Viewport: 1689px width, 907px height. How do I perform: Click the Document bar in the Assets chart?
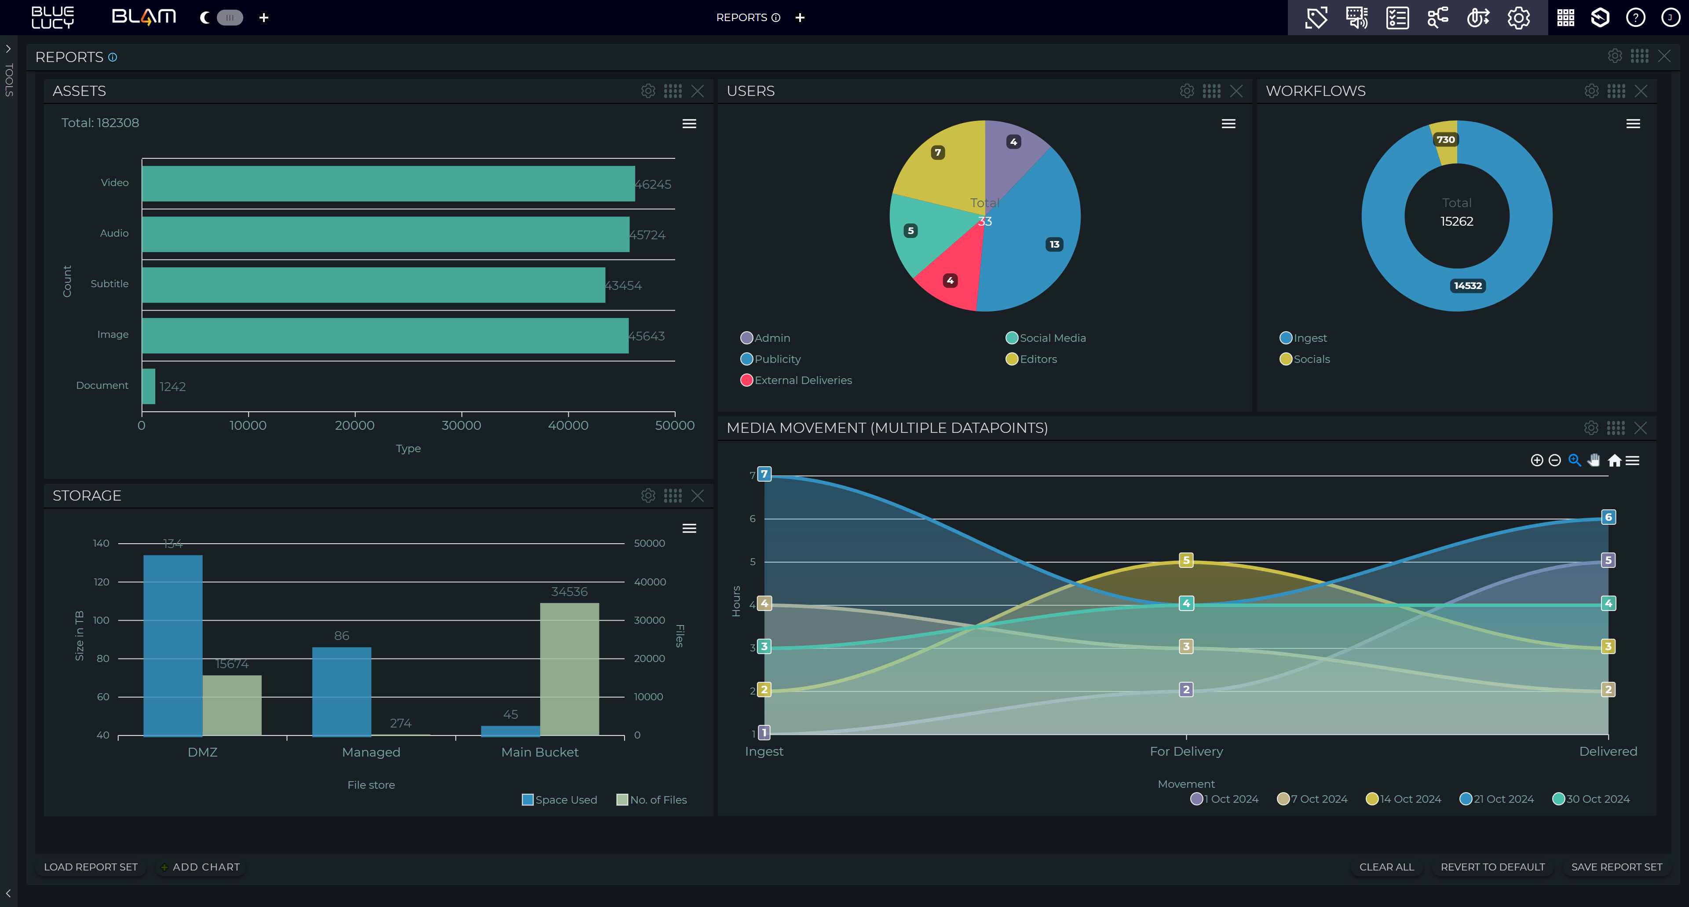pyautogui.click(x=149, y=386)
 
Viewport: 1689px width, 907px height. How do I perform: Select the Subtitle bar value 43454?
pyautogui.click(x=623, y=285)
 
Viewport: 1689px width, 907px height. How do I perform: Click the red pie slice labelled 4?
pyautogui.click(x=950, y=281)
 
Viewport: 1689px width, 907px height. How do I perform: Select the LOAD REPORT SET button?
pyautogui.click(x=91, y=867)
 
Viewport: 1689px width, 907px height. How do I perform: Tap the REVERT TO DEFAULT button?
pyautogui.click(x=1492, y=867)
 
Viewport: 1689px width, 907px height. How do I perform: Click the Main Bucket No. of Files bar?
pyautogui.click(x=569, y=669)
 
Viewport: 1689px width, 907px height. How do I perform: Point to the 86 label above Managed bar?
pyautogui.click(x=342, y=636)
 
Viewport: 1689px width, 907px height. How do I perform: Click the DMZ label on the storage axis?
pyautogui.click(x=203, y=752)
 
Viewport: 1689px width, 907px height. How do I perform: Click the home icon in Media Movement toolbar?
pyautogui.click(x=1614, y=461)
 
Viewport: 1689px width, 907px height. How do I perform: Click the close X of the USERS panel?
pyautogui.click(x=1236, y=91)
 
